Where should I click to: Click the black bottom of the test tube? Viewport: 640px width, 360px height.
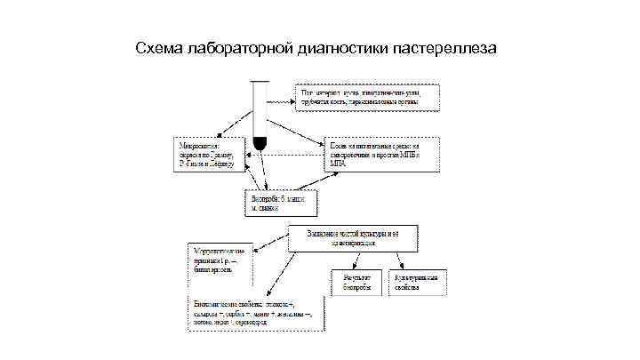pyautogui.click(x=260, y=141)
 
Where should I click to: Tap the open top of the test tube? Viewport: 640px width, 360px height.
pyautogui.click(x=260, y=83)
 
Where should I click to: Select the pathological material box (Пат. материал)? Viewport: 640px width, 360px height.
pyautogui.click(x=369, y=97)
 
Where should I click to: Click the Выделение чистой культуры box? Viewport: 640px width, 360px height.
pyautogui.click(x=353, y=237)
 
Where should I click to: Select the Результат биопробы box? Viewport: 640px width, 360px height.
pyautogui.click(x=356, y=283)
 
